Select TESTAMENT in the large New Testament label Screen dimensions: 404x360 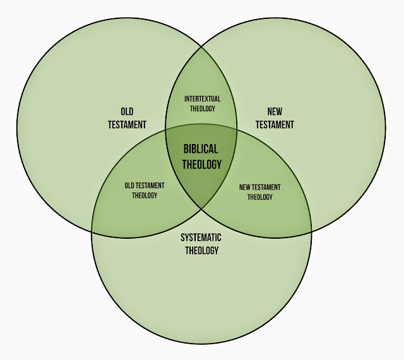(275, 124)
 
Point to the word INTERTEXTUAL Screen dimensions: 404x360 (201, 99)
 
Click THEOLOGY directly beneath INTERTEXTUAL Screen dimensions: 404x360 (201, 108)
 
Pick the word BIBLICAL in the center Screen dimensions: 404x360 (201, 150)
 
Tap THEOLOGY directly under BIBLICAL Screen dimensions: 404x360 (202, 164)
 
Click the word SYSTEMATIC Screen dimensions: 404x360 (201, 237)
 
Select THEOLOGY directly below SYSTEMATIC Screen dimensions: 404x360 (201, 250)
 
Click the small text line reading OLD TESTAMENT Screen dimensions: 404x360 (144, 186)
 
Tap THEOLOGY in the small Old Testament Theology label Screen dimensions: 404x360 (144, 195)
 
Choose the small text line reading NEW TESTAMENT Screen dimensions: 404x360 (259, 188)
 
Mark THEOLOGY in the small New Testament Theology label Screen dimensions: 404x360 (259, 196)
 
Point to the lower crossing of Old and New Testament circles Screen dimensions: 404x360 (201, 210)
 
